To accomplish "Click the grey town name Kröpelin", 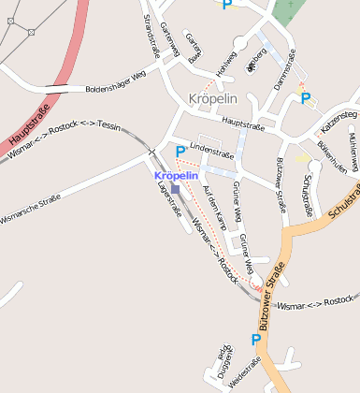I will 212,98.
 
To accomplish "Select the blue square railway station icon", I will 175,188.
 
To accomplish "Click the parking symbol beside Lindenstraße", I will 180,151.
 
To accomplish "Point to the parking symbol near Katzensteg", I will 305,97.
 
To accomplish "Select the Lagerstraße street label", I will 170,198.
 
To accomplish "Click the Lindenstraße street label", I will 211,147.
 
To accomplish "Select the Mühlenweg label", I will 353,148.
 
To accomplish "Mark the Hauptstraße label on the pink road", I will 28,122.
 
